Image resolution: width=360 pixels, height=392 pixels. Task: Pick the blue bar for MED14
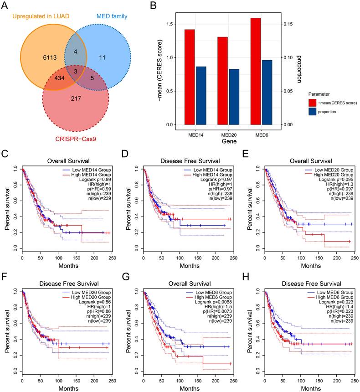pyautogui.click(x=201, y=95)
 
